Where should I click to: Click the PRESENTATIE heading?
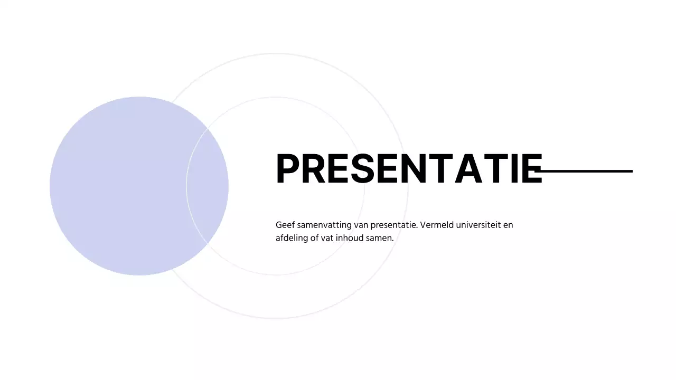pyautogui.click(x=409, y=169)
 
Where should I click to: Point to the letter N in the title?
pyautogui.click(x=421, y=169)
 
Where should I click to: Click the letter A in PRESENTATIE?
pyautogui.click(x=477, y=169)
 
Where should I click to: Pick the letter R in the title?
pyautogui.click(x=315, y=169)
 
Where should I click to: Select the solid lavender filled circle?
pyautogui.click(x=121, y=186)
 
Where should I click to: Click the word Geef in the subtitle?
pyautogui.click(x=284, y=225)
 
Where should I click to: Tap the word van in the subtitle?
pyautogui.click(x=361, y=225)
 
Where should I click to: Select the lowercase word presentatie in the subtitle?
pyautogui.click(x=394, y=225)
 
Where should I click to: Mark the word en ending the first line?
pyautogui.click(x=508, y=225)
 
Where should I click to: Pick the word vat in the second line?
pyautogui.click(x=327, y=238)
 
